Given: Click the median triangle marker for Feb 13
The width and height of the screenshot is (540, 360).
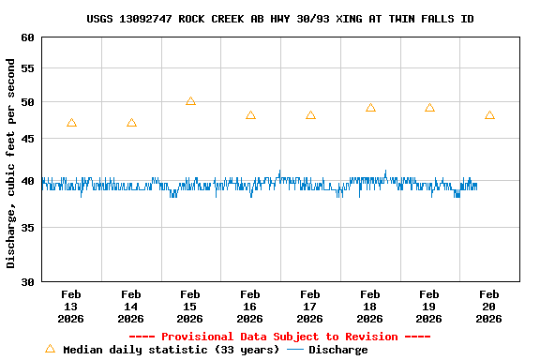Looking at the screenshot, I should point(71,123).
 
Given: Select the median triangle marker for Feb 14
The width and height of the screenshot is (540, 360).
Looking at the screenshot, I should point(131,123).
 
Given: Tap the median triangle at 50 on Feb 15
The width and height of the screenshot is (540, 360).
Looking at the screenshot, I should point(190,101).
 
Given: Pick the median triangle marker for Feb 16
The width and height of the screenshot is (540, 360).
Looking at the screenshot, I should point(250,115).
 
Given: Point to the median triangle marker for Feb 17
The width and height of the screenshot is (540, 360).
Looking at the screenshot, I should point(310,115).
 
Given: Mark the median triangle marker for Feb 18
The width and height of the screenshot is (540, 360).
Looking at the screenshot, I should point(370,108).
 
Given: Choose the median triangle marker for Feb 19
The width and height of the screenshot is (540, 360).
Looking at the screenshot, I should point(429,108).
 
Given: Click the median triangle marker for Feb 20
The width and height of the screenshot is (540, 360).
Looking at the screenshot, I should point(489,115).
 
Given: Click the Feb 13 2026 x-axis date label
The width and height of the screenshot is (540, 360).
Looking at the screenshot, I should point(71,306).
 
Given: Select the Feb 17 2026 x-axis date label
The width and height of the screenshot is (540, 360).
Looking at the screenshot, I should point(310,306).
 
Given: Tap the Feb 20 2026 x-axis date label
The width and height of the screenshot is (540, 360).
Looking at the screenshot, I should point(489,306).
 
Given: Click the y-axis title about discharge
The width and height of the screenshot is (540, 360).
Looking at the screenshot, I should point(11,163).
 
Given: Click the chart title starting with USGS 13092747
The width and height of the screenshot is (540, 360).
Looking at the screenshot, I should point(279,19).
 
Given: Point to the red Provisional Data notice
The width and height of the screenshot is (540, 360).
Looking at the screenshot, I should point(279,337).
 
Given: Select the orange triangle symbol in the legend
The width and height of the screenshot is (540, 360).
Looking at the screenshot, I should point(50,349).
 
